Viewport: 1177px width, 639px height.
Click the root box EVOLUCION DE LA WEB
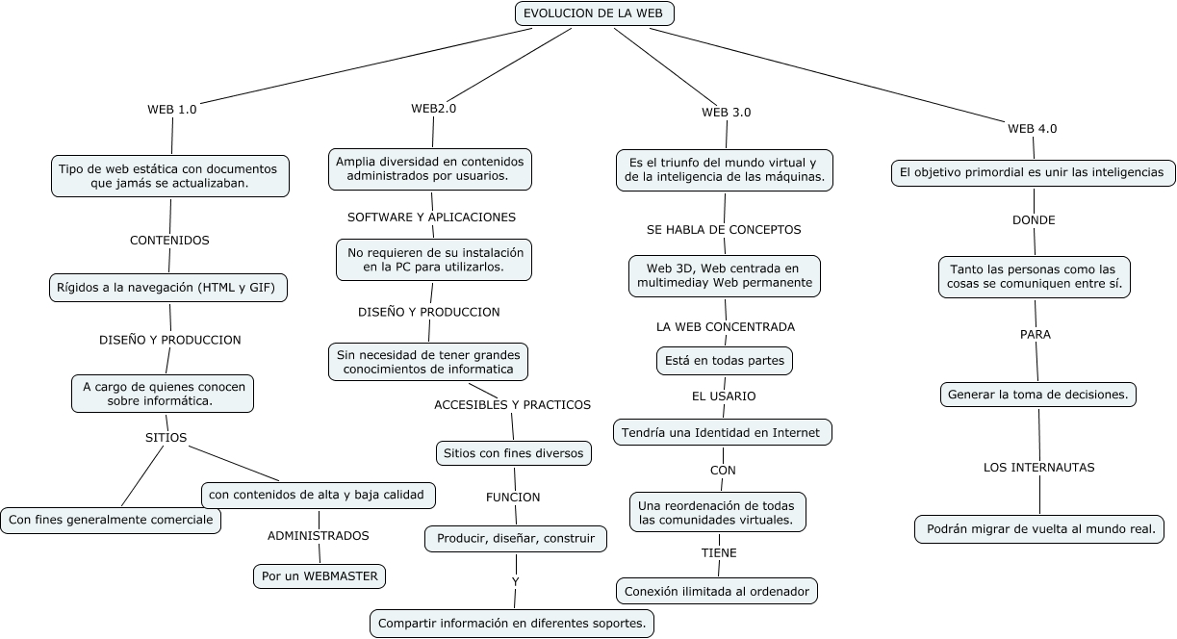point(595,13)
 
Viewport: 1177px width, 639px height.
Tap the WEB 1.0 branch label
point(171,109)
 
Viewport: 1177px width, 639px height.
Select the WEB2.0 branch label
point(433,108)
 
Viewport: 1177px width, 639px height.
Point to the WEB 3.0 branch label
point(726,112)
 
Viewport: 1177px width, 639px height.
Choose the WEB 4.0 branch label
point(1032,128)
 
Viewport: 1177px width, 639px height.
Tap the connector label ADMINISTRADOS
point(318,535)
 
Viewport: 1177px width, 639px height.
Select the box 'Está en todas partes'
point(724,361)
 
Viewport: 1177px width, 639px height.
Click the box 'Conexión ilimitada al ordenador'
point(716,591)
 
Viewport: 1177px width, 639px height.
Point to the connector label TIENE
point(718,553)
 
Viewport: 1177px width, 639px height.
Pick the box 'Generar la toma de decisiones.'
point(1038,395)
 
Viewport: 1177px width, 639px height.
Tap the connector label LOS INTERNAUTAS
point(1038,467)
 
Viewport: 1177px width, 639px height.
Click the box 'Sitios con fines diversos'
point(511,452)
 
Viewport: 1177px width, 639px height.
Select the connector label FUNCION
point(512,497)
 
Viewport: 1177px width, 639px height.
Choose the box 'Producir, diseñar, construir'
point(515,539)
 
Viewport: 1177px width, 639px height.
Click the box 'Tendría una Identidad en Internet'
point(721,432)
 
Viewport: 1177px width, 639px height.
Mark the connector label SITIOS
point(166,437)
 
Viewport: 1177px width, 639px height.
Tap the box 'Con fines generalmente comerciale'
point(110,520)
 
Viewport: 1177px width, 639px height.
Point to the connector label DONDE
point(1033,219)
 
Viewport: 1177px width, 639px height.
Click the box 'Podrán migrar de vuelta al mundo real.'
point(1039,529)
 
